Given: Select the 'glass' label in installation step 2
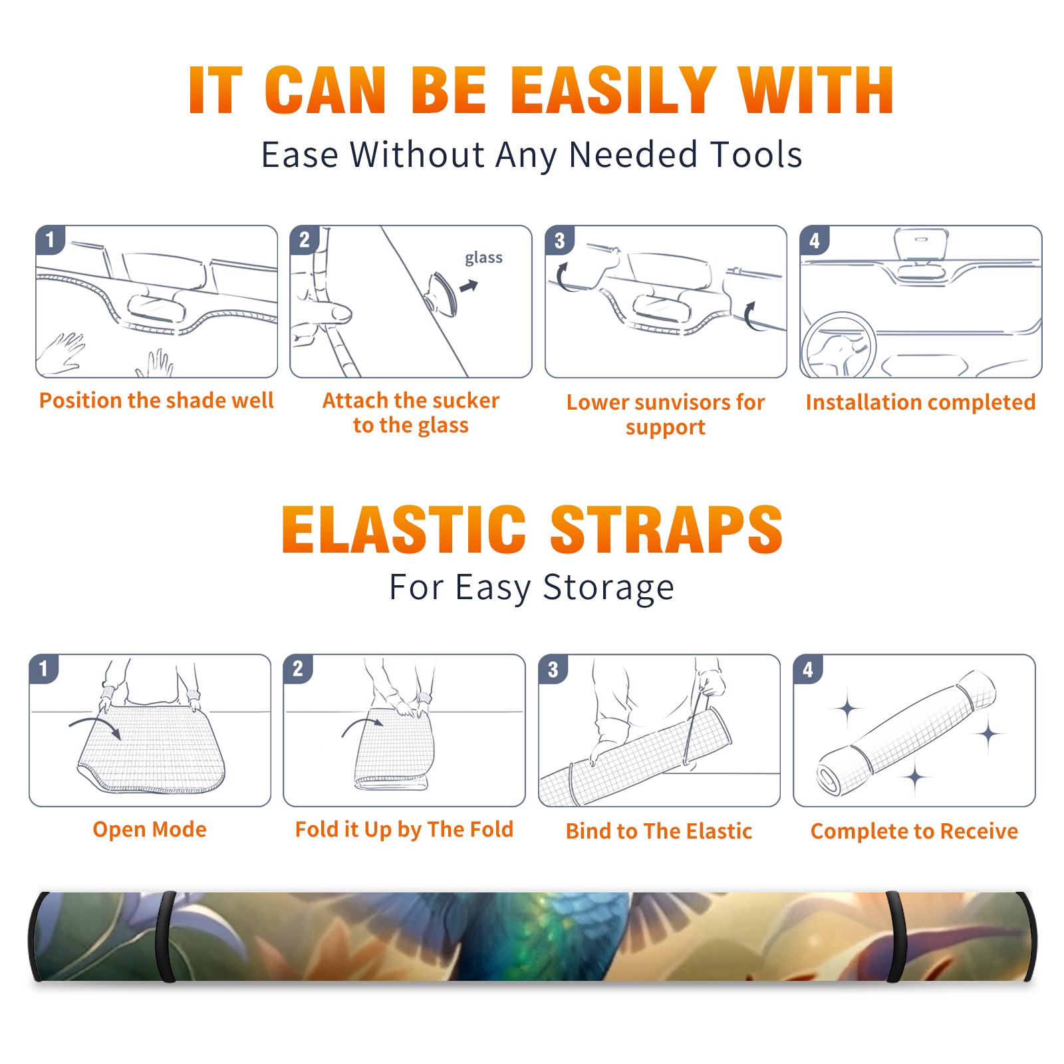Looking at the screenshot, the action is click(x=483, y=257).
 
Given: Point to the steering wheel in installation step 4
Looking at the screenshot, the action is click(x=838, y=345).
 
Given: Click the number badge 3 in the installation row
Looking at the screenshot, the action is click(x=560, y=240).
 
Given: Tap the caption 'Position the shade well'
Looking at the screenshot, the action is click(x=156, y=400).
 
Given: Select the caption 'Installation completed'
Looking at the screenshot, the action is click(x=920, y=402).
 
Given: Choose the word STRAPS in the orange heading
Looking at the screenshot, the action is click(x=666, y=529).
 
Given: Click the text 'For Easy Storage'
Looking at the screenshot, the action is click(x=531, y=587).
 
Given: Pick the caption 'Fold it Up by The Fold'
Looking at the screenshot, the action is click(x=404, y=829).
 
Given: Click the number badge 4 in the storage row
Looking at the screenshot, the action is click(x=808, y=669).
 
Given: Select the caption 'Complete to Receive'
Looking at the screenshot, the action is click(x=914, y=831).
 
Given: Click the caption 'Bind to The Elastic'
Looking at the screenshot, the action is click(x=658, y=831).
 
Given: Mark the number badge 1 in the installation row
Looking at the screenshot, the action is click(x=51, y=239).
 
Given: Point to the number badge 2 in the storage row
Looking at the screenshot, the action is click(x=298, y=669).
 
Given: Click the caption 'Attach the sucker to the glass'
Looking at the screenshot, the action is click(x=410, y=412).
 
